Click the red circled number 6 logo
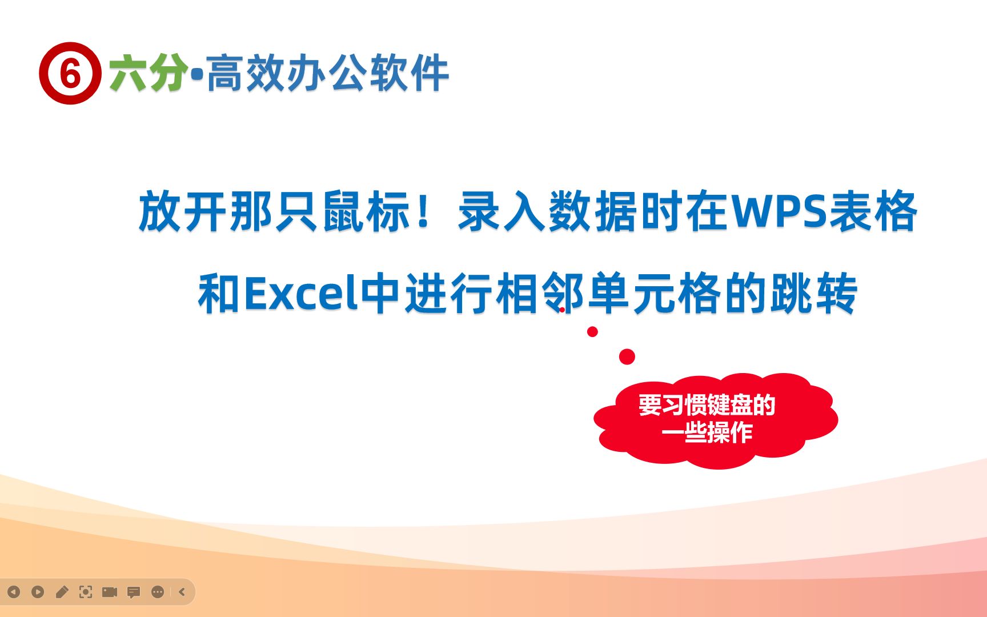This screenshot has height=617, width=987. pyautogui.click(x=70, y=73)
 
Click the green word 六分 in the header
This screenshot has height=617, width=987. pyautogui.click(x=148, y=73)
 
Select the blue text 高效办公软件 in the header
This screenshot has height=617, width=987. pyautogui.click(x=328, y=73)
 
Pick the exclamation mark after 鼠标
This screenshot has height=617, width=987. pyautogui.click(x=424, y=212)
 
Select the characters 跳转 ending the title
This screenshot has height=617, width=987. pyautogui.click(x=813, y=294)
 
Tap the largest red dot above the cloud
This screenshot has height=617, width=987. pyautogui.click(x=627, y=356)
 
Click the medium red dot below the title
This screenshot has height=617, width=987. pyautogui.click(x=592, y=331)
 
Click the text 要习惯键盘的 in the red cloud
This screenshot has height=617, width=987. pyautogui.click(x=707, y=405)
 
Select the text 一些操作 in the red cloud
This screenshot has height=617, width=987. pyautogui.click(x=707, y=432)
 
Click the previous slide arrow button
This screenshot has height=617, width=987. pyautogui.click(x=14, y=592)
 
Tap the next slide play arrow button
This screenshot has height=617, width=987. pyautogui.click(x=38, y=592)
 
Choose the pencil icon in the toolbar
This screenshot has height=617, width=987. pyautogui.click(x=62, y=592)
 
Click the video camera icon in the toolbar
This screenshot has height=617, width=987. pyautogui.click(x=110, y=592)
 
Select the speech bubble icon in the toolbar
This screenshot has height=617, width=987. pyautogui.click(x=134, y=592)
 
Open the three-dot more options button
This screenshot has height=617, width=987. pyautogui.click(x=158, y=592)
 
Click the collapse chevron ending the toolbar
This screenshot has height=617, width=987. pyautogui.click(x=182, y=592)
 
